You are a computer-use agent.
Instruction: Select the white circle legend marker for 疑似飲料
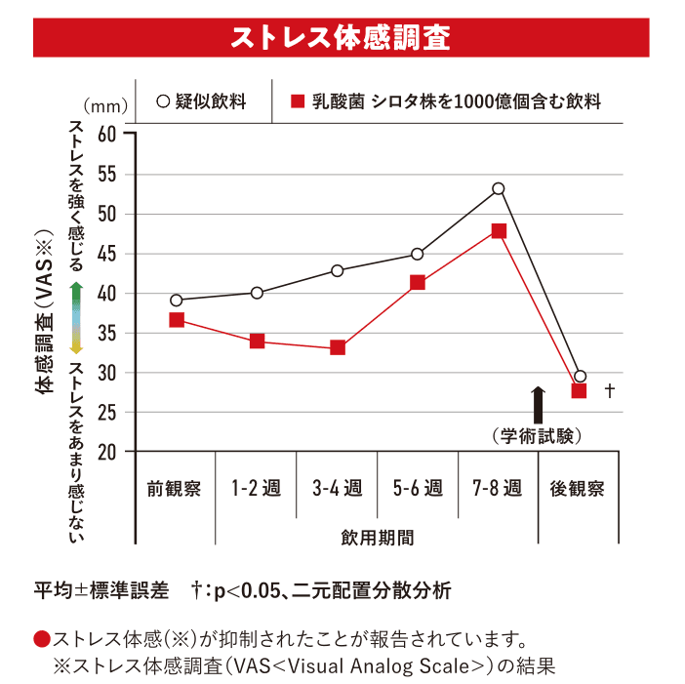(163, 101)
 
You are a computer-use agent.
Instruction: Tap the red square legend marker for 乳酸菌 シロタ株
(297, 101)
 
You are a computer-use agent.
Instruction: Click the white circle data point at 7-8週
(499, 188)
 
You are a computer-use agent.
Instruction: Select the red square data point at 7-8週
(499, 231)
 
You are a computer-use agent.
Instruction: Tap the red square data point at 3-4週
(338, 347)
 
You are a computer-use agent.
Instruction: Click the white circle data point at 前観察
(177, 301)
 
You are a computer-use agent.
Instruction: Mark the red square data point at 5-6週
(418, 283)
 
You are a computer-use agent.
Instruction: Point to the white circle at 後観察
(581, 376)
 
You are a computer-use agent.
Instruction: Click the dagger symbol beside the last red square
(610, 390)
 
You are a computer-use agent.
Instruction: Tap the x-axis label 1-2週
(256, 488)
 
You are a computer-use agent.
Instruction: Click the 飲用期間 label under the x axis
(377, 537)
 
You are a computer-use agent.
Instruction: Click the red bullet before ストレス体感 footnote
(41, 640)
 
